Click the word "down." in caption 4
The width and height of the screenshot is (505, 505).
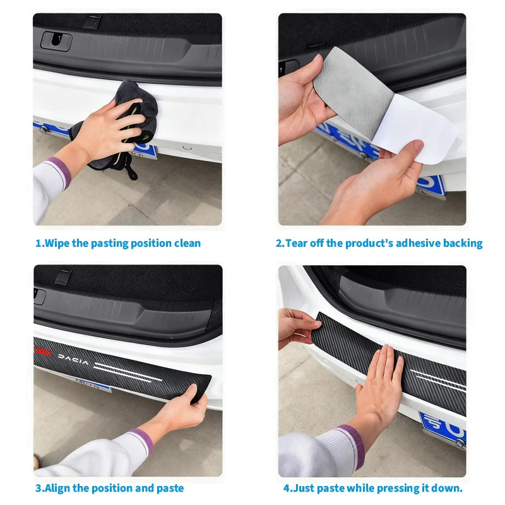449,488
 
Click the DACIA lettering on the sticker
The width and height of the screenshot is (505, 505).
76,358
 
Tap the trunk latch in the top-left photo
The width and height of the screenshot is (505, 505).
56,40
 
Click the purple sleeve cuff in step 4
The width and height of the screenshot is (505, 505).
349,445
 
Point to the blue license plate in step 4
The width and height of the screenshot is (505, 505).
442,426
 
